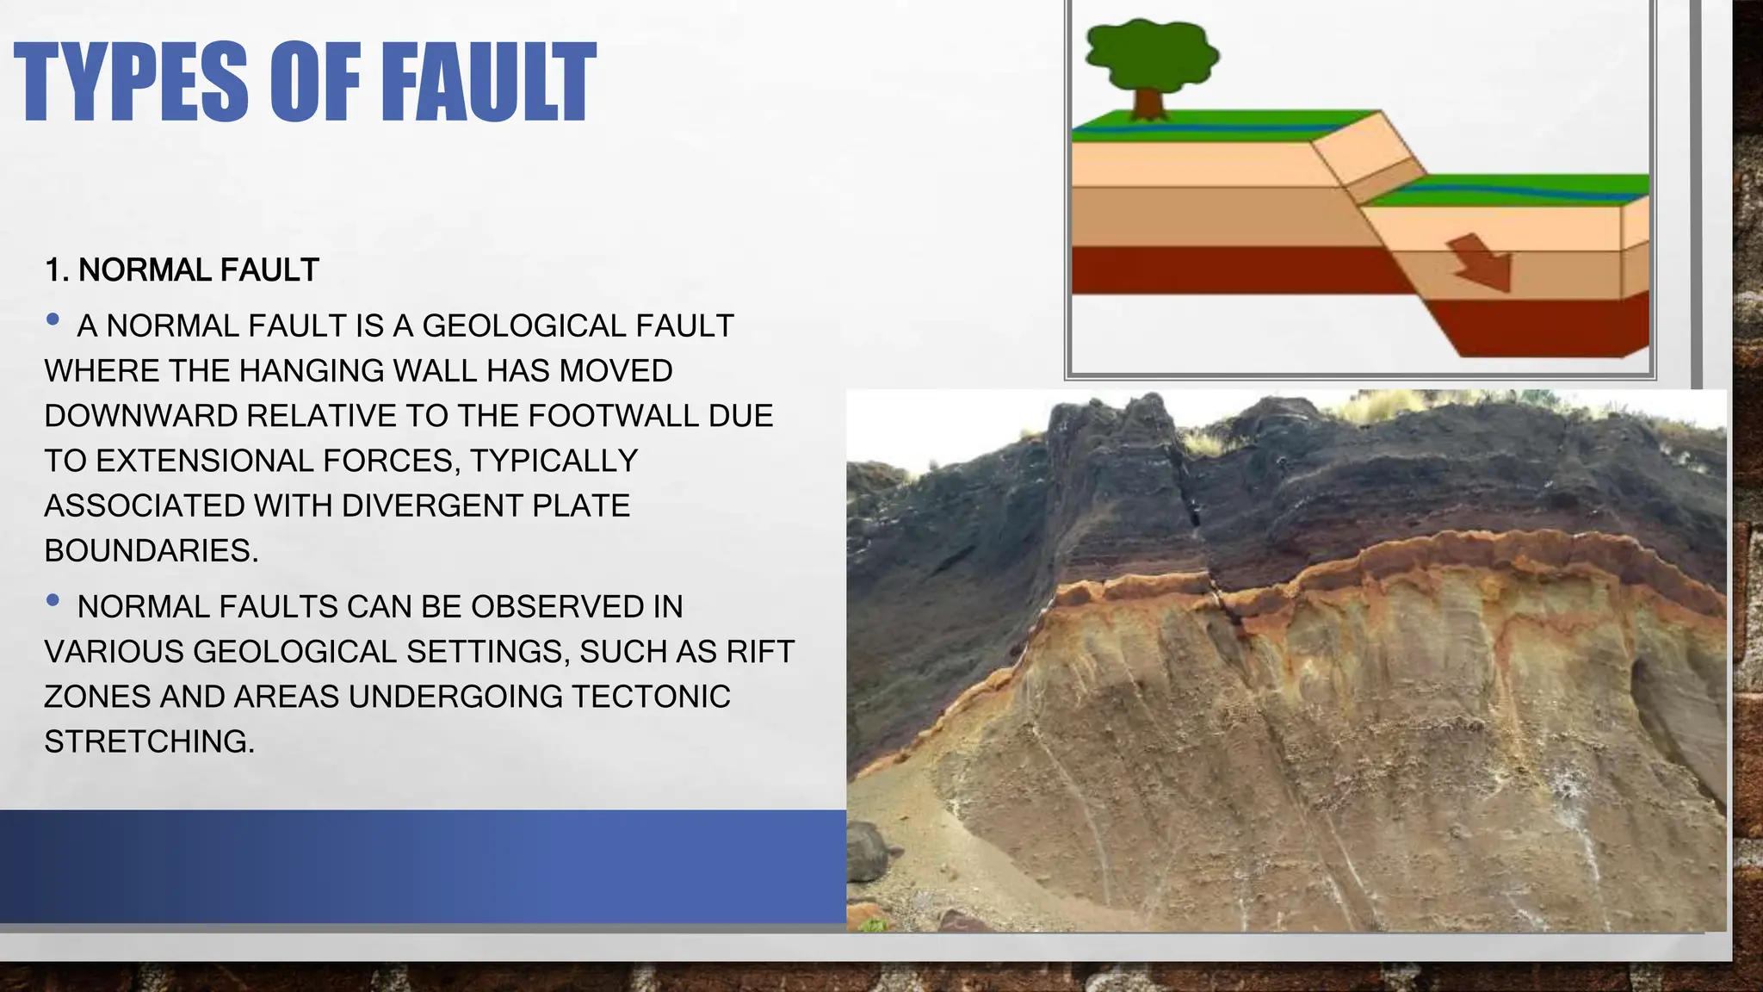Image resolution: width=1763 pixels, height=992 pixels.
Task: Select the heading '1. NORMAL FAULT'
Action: pyautogui.click(x=182, y=270)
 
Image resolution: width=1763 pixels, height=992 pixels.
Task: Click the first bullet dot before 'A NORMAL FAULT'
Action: pyautogui.click(x=53, y=320)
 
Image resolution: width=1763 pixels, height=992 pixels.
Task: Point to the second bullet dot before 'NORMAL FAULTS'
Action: pyautogui.click(x=53, y=601)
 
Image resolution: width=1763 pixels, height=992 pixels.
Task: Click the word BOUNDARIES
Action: pyautogui.click(x=152, y=551)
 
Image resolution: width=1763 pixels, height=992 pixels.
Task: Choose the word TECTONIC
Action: pyautogui.click(x=651, y=697)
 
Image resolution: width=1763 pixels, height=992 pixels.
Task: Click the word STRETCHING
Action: pyautogui.click(x=150, y=741)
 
